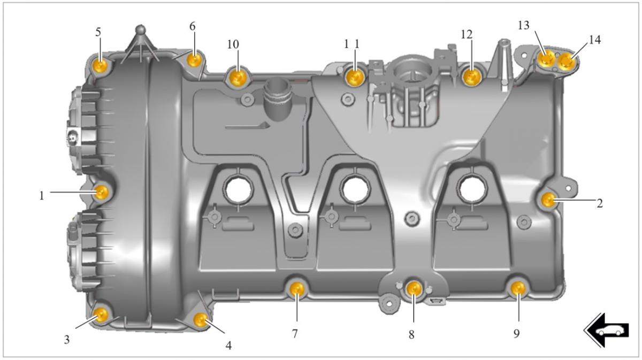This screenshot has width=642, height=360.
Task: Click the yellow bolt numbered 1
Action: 101,192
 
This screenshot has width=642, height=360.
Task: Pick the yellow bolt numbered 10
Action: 238,77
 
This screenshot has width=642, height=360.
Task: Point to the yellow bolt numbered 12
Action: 471,77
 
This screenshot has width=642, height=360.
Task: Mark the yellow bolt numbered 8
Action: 414,289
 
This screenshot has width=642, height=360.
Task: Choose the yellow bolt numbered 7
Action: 297,289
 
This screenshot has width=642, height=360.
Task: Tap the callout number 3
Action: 66,340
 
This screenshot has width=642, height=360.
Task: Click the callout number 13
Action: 523,26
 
